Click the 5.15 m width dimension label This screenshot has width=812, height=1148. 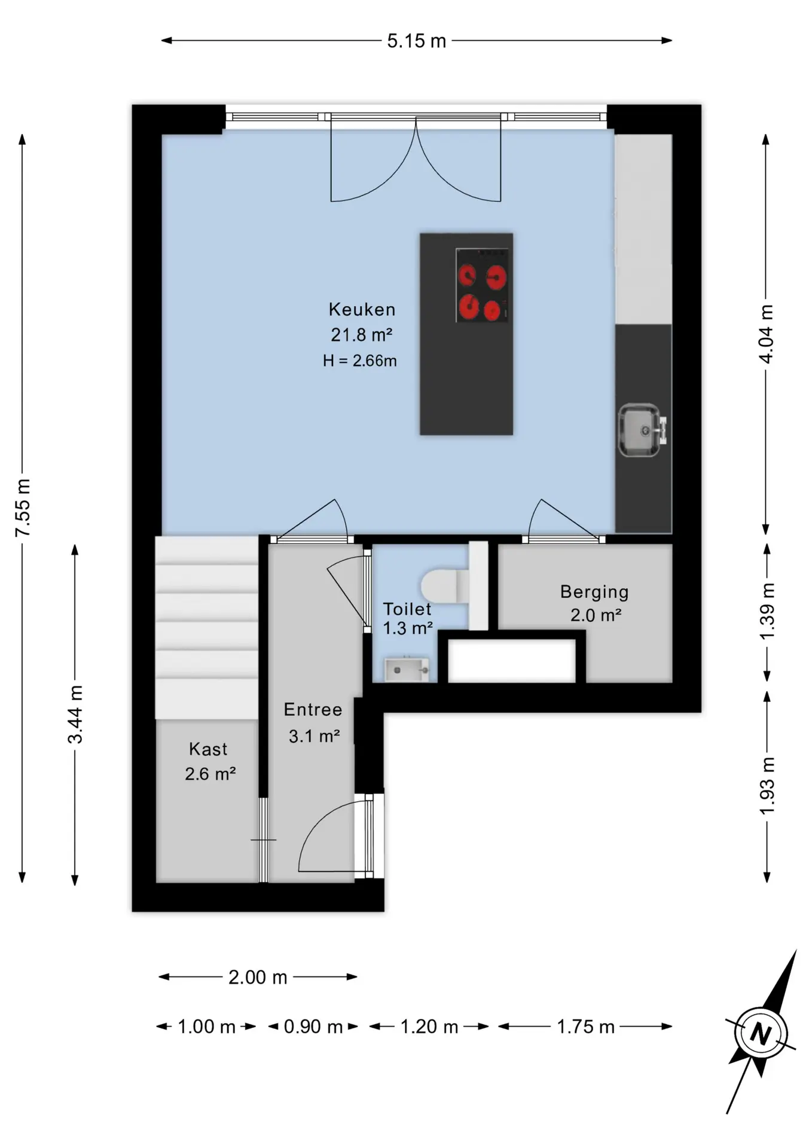[416, 41]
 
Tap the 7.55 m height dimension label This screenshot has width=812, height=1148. [23, 508]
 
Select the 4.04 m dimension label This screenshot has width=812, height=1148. [766, 334]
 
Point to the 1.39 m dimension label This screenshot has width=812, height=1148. [767, 611]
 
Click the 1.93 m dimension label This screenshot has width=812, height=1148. [767, 785]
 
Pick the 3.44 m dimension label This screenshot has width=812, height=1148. [75, 715]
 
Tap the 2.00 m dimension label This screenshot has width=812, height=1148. [258, 977]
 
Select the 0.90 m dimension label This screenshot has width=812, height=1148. [313, 1027]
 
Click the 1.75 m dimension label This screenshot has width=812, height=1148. [585, 1027]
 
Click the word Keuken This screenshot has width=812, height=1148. [362, 309]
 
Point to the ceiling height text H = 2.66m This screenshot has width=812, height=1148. [360, 361]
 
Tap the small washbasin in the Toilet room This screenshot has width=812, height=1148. [407, 670]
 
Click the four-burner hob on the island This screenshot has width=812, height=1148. [482, 285]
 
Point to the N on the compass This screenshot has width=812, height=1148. [761, 1034]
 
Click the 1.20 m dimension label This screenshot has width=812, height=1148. [429, 1027]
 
